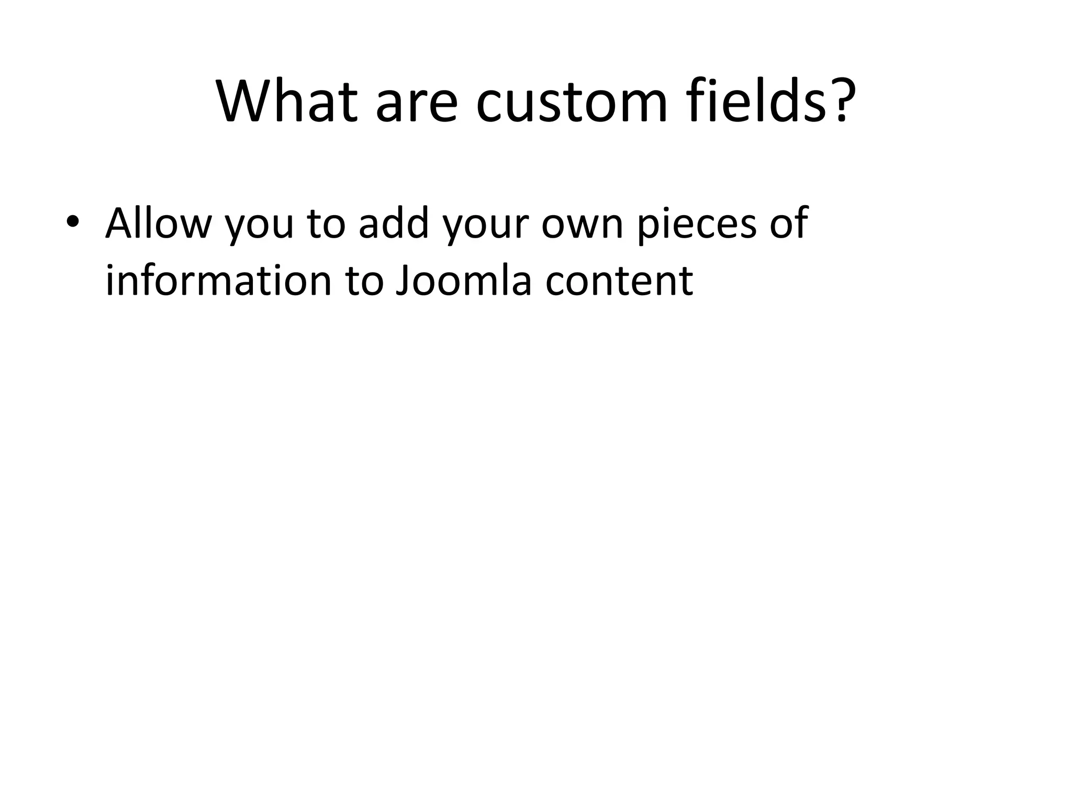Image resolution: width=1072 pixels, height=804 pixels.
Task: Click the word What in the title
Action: coord(287,102)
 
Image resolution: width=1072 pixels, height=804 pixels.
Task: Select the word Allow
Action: coord(158,222)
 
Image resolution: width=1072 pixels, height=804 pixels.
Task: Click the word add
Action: coord(394,222)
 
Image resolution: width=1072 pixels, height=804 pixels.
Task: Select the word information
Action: coord(219,280)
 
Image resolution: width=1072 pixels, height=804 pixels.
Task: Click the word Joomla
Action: coord(464,280)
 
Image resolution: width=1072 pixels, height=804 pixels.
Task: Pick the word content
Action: coord(619,281)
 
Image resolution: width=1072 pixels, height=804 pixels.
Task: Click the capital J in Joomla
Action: coord(402,280)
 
